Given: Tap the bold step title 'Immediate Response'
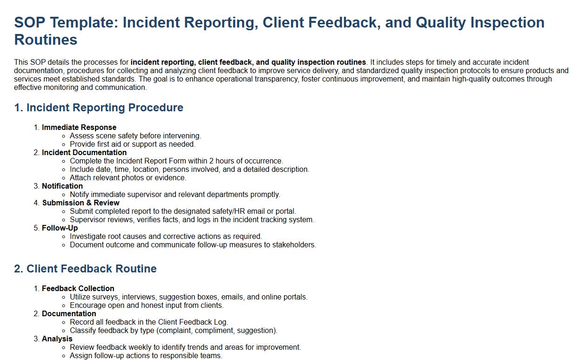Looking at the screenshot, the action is coord(79,127).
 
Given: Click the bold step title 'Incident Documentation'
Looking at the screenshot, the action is coord(84,153).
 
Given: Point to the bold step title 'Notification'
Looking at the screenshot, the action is coord(62,186).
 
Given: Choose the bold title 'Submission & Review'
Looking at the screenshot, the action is coord(81,203).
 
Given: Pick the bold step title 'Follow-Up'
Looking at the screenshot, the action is coord(60,228).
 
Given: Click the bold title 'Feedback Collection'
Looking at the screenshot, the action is coord(78,289).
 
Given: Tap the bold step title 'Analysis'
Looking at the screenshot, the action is coord(57,339).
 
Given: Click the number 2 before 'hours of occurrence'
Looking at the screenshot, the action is coord(211,161).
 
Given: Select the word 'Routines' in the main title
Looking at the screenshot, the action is coord(46,40).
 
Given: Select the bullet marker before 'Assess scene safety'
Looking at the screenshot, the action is coord(63,136).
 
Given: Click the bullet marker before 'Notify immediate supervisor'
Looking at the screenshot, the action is coord(63,195).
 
